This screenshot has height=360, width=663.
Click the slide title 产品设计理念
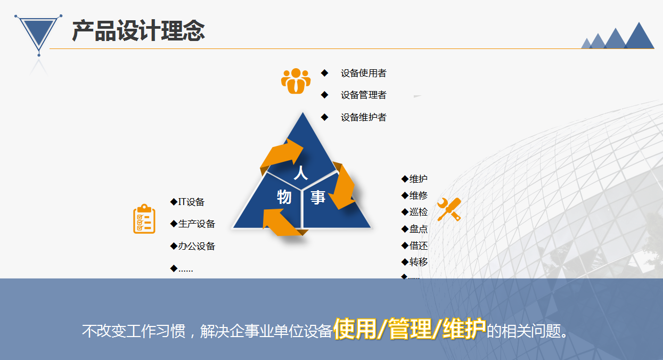(x=138, y=30)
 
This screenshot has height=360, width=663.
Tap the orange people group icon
(x=296, y=81)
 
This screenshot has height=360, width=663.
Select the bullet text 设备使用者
(x=364, y=73)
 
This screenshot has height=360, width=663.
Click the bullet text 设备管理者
(x=364, y=95)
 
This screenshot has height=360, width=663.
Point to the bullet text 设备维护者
(x=364, y=118)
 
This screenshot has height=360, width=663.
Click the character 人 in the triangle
(x=301, y=173)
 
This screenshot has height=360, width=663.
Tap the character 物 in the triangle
(x=284, y=197)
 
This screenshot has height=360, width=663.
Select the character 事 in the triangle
(x=318, y=198)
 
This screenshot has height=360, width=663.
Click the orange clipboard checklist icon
(x=144, y=219)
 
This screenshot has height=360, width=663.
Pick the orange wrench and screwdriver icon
(x=449, y=209)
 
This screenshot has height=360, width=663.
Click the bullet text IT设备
(x=191, y=202)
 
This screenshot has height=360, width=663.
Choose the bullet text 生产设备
(x=197, y=224)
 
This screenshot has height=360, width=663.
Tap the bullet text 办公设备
(x=197, y=247)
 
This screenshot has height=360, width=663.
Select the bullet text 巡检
(x=419, y=212)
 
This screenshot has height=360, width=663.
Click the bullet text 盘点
(x=419, y=229)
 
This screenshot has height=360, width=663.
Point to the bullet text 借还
(x=419, y=246)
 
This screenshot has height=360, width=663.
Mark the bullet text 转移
(x=419, y=262)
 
